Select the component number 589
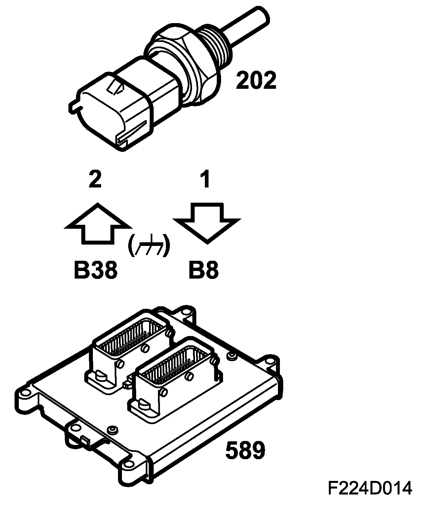pos(245,451)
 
